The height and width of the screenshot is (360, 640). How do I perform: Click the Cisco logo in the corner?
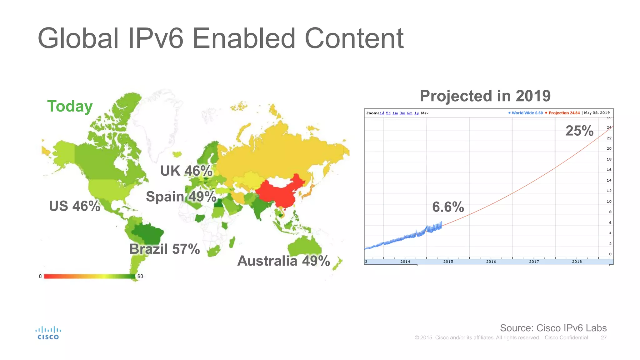pyautogui.click(x=48, y=333)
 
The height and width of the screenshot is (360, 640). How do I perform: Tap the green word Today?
pyautogui.click(x=70, y=106)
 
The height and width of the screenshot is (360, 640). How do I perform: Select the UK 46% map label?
pyautogui.click(x=186, y=171)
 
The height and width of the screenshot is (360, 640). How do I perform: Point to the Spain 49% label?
pyautogui.click(x=181, y=197)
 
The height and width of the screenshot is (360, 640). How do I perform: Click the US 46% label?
pyautogui.click(x=75, y=206)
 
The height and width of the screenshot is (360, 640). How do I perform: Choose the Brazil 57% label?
pyautogui.click(x=164, y=249)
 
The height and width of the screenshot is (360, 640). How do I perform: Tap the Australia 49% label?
pyautogui.click(x=283, y=261)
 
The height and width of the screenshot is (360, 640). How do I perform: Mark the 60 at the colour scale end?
pyautogui.click(x=140, y=276)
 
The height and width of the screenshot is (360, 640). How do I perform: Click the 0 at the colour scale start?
pyautogui.click(x=40, y=276)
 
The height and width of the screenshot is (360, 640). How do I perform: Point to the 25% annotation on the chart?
pyautogui.click(x=579, y=131)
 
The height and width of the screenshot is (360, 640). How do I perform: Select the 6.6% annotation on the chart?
pyautogui.click(x=448, y=207)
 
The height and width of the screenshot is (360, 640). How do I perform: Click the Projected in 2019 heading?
pyautogui.click(x=485, y=96)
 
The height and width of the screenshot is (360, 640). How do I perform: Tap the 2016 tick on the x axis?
pyautogui.click(x=491, y=262)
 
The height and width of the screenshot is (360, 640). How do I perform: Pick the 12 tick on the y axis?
pyautogui.click(x=609, y=191)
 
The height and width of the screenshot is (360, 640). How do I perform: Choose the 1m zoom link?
pyautogui.click(x=395, y=113)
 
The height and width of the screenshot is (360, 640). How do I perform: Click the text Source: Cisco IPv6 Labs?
pyautogui.click(x=553, y=328)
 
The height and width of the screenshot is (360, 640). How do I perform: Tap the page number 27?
pyautogui.click(x=603, y=338)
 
